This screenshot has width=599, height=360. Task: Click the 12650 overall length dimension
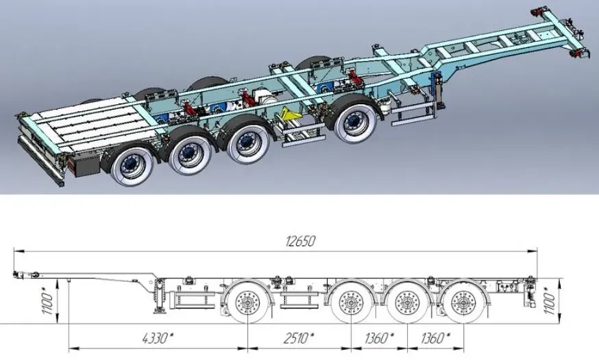click(300, 241)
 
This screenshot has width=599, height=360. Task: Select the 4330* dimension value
click(158, 338)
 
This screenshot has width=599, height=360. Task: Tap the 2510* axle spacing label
click(299, 338)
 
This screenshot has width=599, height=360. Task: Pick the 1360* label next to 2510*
click(379, 338)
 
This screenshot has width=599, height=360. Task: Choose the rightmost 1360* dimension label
click(435, 338)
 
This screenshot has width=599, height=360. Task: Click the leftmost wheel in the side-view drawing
click(247, 302)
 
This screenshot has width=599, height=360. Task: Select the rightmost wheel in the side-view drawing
click(464, 302)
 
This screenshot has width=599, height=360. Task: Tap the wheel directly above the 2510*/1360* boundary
click(351, 302)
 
